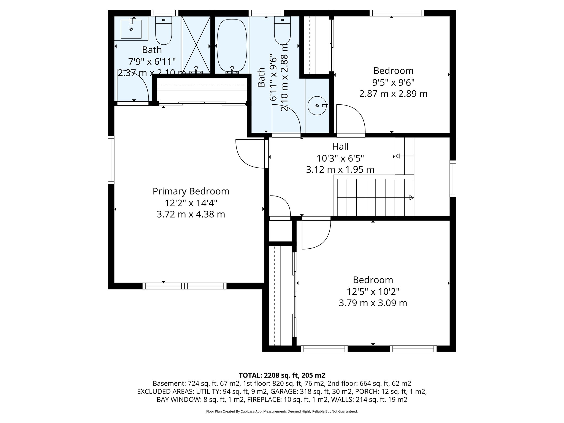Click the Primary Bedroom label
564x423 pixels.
click(x=191, y=191)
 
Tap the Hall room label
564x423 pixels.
click(x=340, y=146)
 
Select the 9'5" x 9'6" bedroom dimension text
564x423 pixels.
click(x=393, y=82)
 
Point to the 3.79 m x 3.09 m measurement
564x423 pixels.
click(x=373, y=303)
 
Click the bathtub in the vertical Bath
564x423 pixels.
click(x=232, y=45)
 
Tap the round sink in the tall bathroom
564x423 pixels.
click(x=318, y=106)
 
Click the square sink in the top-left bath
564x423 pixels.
click(x=131, y=28)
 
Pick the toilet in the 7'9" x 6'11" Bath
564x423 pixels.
click(x=164, y=30)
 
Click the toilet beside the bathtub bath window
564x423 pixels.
click(x=282, y=30)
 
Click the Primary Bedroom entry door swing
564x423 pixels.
click(x=249, y=154)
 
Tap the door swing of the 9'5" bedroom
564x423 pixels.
click(x=350, y=120)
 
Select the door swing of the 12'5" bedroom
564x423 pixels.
click(x=316, y=233)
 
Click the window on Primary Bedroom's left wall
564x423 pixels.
click(x=111, y=160)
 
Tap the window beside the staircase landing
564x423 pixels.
click(x=453, y=179)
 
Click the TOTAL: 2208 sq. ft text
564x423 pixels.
click(x=282, y=375)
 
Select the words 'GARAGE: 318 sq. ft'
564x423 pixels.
click(x=295, y=391)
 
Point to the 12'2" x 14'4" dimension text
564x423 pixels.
click(x=191, y=203)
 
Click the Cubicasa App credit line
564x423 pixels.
click(x=282, y=411)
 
